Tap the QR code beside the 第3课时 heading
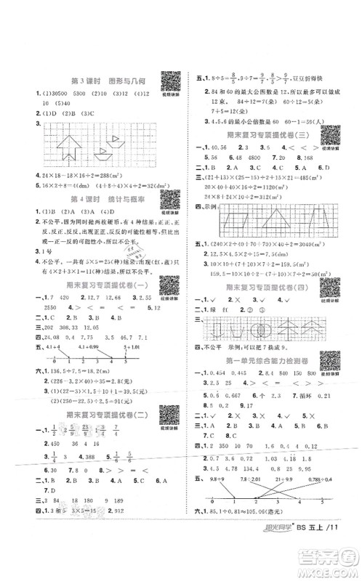[x=169, y=80]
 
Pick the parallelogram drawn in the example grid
[x=237, y=220]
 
